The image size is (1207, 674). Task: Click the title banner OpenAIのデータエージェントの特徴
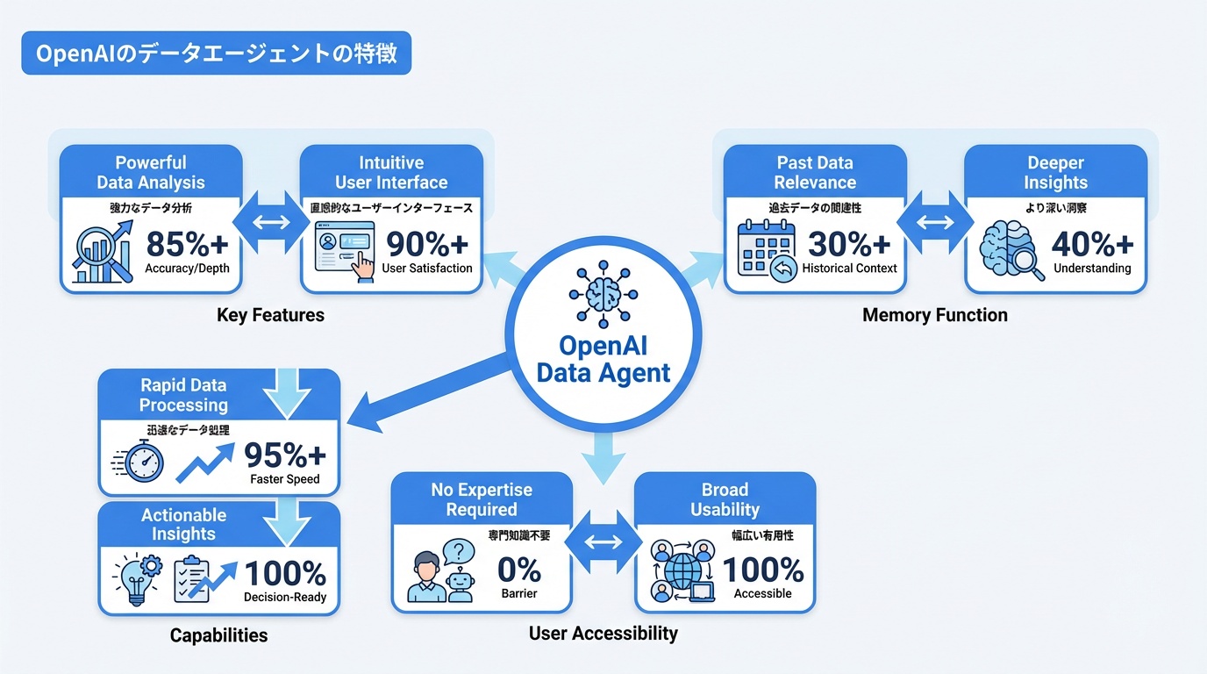[216, 54]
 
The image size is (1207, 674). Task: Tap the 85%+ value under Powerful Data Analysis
[187, 244]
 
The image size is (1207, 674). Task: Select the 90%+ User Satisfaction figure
[427, 244]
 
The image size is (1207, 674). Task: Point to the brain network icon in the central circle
[604, 293]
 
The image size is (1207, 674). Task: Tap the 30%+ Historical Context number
[849, 244]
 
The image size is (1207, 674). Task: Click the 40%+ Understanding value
[1092, 244]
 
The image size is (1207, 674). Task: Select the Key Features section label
[270, 315]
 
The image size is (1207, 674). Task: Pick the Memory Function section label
[934, 315]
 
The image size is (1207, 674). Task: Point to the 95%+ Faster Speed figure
[284, 455]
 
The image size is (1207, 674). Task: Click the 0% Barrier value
[518, 570]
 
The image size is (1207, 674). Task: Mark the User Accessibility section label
[603, 633]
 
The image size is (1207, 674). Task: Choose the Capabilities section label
[218, 635]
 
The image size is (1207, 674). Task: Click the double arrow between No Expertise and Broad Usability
[603, 541]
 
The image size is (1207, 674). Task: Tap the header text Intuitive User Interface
[391, 173]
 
